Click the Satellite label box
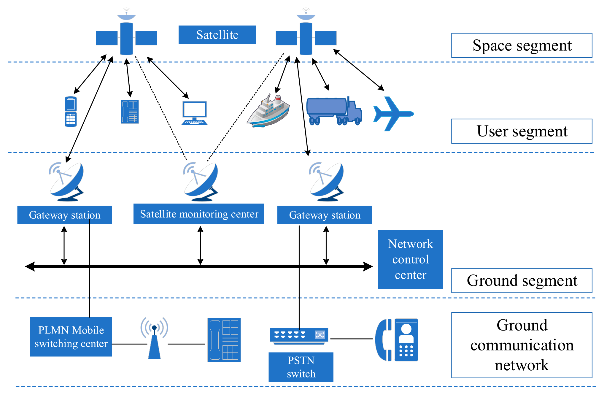[x=217, y=35]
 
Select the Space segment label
[x=522, y=45]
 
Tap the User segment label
[x=522, y=131]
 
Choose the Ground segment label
[x=522, y=280]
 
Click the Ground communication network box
[x=522, y=345]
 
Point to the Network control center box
[x=410, y=259]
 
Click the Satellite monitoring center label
[x=199, y=214]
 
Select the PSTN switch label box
[x=301, y=367]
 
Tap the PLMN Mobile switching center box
[x=71, y=337]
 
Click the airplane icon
[x=392, y=114]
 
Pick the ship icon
[x=268, y=111]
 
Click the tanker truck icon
[x=333, y=111]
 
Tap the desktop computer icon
[x=194, y=113]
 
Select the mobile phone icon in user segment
[x=71, y=112]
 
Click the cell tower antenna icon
[x=154, y=338]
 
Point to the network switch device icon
[x=299, y=336]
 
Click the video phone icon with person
[x=397, y=340]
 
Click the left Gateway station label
[x=64, y=215]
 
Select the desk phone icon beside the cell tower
[x=224, y=340]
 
